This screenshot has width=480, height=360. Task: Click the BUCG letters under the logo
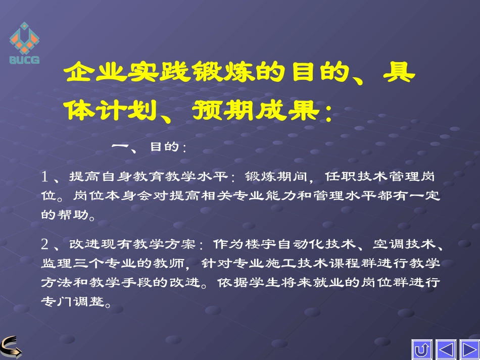click(x=24, y=60)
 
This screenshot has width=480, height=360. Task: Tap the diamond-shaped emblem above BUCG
click(x=24, y=39)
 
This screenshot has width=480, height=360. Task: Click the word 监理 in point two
click(x=55, y=264)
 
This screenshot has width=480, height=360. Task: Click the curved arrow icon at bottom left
click(x=11, y=346)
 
